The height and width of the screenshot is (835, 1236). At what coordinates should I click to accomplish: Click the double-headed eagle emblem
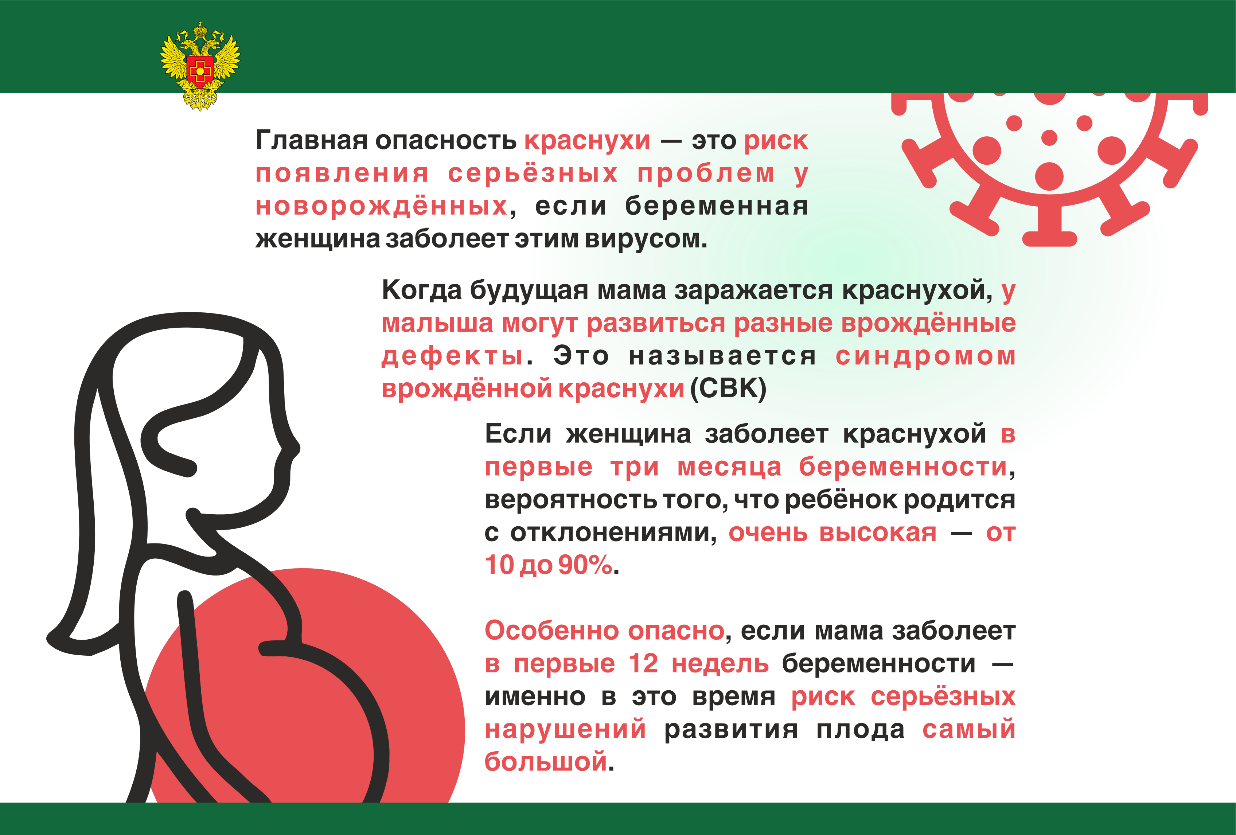pyautogui.click(x=200, y=66)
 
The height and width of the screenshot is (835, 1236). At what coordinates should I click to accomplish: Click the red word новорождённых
pyautogui.click(x=381, y=206)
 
